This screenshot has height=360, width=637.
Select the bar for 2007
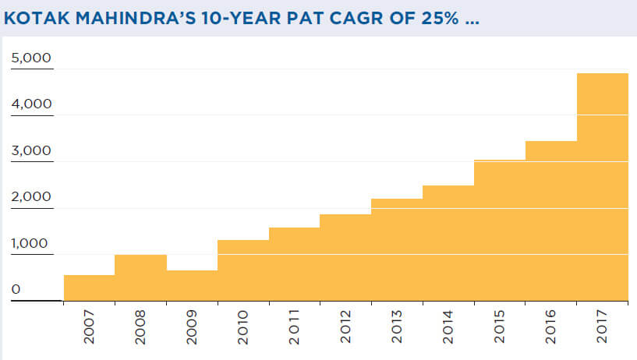[x=89, y=288]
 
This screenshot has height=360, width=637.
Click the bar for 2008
[x=140, y=277]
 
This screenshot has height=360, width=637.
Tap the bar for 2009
[x=192, y=285]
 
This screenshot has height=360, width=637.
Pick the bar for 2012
[x=345, y=257]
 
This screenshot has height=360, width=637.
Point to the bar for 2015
[x=499, y=230]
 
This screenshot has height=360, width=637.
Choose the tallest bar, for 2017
[x=603, y=187]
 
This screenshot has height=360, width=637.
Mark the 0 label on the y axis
[x=15, y=289]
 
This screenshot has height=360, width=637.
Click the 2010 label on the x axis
[x=242, y=328]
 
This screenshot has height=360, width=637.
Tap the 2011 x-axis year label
[x=294, y=328]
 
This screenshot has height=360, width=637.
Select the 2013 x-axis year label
[x=397, y=328]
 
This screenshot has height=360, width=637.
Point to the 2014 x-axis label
[x=448, y=328]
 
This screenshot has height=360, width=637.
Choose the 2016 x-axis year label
[x=551, y=328]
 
